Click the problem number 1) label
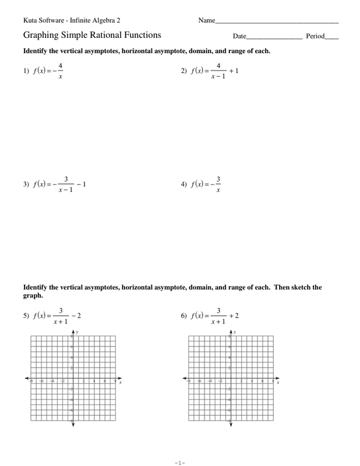coord(26,72)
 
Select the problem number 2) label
coord(183,71)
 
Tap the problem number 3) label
coord(26,185)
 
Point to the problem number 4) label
coord(183,185)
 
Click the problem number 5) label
coord(26,316)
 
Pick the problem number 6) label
coord(183,316)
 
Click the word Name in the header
coord(206,20)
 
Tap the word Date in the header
coord(239,36)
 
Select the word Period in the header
coord(315,36)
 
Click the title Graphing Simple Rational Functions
coord(92,35)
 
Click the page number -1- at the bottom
coord(179,463)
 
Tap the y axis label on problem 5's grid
coord(77,331)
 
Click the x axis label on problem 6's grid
coord(278,383)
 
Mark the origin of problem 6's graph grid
coord(231,379)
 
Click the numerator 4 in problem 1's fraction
coord(61,66)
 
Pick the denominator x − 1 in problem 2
coord(218,77)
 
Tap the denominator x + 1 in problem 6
coord(218,322)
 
